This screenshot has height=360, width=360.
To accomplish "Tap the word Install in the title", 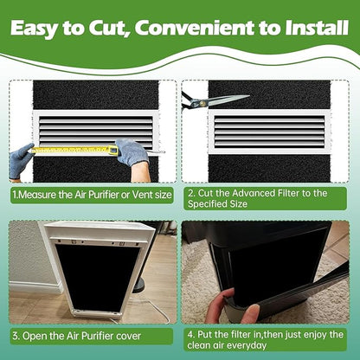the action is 317,28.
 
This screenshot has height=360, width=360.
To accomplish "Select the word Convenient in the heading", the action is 195,28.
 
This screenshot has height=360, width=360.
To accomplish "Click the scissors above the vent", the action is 215,100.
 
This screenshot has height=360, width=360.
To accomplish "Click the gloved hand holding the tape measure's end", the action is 21,160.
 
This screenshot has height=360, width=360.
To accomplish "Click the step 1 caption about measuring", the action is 92,195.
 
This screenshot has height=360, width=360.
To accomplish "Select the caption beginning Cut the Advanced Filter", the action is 257,198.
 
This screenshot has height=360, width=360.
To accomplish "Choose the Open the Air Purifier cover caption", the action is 77,336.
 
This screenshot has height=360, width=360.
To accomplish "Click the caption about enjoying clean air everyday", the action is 266,340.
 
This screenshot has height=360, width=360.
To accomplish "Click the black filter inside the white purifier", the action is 97,276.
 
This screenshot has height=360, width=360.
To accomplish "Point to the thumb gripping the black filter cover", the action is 250,313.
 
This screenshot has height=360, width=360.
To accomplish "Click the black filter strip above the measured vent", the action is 96,95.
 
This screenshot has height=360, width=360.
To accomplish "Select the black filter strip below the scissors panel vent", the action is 269,169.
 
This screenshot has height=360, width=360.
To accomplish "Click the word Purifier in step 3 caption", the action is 98,337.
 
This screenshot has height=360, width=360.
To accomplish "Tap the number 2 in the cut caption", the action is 190,193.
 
